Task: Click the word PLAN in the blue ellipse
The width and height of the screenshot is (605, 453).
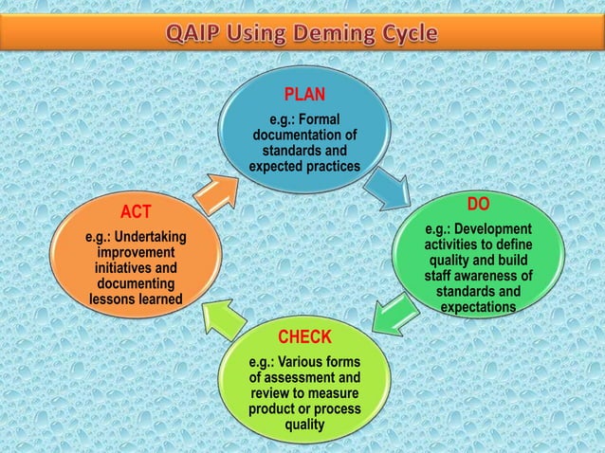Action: [303, 95]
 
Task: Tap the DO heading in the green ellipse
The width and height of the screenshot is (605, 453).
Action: [479, 206]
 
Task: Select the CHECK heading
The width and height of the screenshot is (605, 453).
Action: [304, 337]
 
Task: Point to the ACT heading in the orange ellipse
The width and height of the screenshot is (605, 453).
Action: [136, 209]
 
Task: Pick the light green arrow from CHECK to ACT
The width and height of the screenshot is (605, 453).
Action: [226, 317]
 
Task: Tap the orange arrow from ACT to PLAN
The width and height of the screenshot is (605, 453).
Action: [216, 190]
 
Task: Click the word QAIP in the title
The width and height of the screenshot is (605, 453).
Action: [197, 34]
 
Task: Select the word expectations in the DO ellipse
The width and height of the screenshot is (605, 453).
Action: [478, 308]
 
